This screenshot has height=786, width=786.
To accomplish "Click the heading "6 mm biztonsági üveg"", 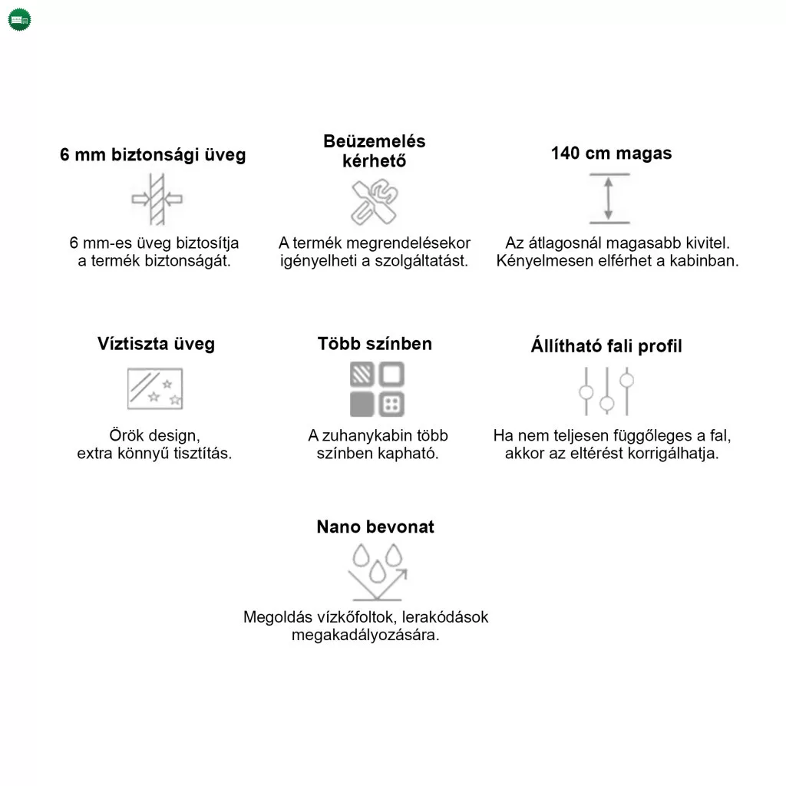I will [x=153, y=155].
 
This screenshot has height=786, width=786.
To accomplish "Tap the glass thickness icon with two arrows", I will [x=157, y=199].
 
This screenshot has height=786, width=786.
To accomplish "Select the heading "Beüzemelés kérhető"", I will [x=374, y=151].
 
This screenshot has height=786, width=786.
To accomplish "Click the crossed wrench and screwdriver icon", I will [x=374, y=202].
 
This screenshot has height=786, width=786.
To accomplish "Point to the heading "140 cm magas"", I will [x=611, y=153].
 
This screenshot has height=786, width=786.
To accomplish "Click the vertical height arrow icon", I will [x=609, y=199].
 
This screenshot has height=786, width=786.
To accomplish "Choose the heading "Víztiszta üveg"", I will [x=156, y=343].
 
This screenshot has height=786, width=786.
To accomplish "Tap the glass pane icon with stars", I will [x=155, y=388].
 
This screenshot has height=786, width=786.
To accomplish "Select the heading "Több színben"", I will [x=375, y=343].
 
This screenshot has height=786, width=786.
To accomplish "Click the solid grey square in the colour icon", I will [x=362, y=404].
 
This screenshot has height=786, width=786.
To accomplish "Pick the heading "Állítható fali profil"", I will [x=606, y=346].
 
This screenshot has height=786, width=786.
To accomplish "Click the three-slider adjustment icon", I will [x=606, y=391].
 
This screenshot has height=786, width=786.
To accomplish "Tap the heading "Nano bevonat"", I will [x=375, y=527].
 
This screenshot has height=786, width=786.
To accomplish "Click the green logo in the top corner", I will [x=19, y=20].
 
